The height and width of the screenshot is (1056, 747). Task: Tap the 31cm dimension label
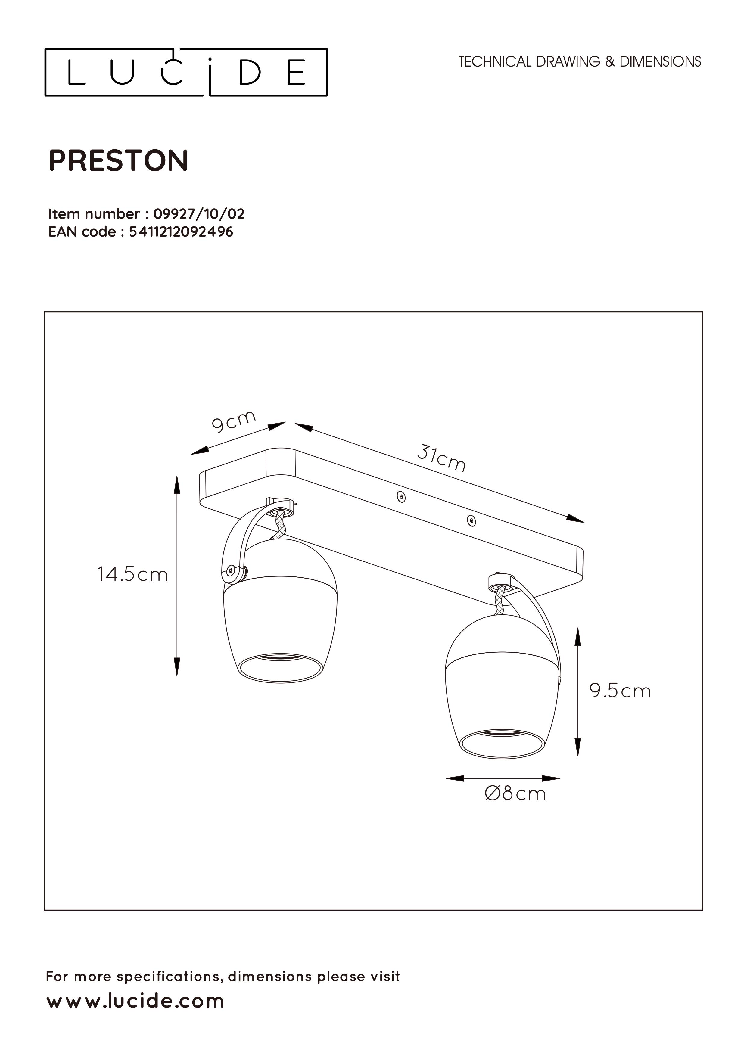pos(442,458)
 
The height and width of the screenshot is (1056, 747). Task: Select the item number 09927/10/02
pos(199,214)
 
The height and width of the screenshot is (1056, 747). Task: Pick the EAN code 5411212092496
pos(181,232)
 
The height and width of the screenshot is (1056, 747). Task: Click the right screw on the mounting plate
pos(471,521)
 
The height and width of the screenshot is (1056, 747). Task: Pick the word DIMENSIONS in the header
pos(660,62)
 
